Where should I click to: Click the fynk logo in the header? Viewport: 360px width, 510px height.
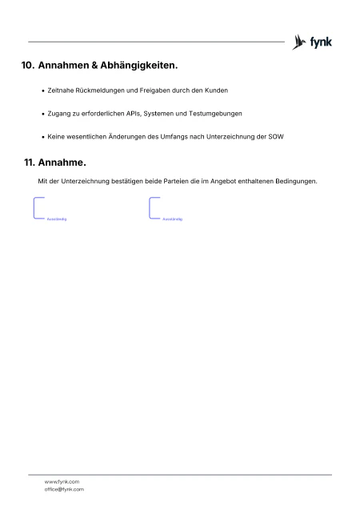click(x=313, y=42)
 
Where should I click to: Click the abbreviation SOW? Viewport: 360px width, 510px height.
click(x=275, y=137)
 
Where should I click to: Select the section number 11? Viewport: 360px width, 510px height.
click(x=31, y=163)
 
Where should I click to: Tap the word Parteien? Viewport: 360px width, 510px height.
click(x=182, y=181)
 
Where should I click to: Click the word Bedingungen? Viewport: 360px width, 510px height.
click(x=295, y=181)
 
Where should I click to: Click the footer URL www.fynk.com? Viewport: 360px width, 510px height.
click(x=62, y=481)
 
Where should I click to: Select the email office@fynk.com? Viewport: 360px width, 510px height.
click(x=64, y=489)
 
